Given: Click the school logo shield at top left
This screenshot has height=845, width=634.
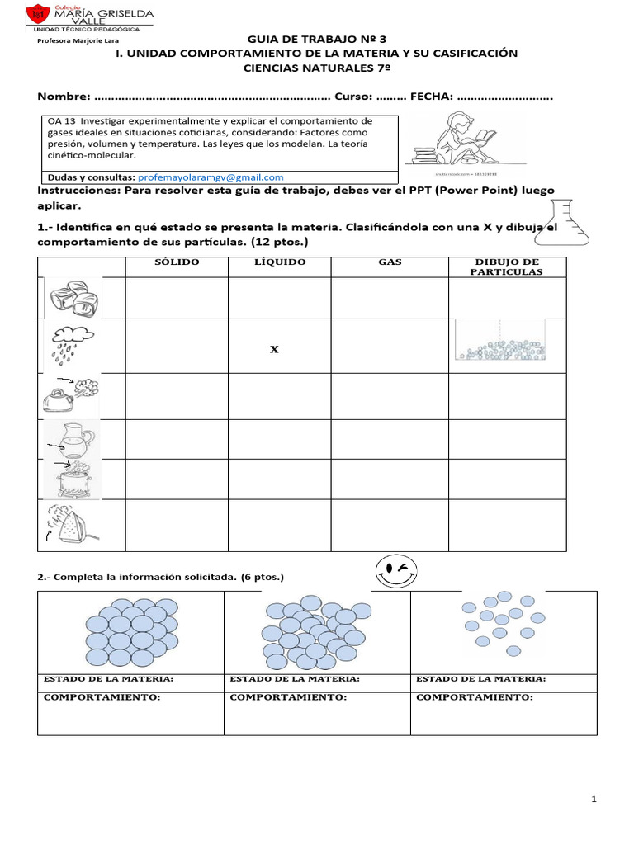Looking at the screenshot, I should click(x=36, y=14).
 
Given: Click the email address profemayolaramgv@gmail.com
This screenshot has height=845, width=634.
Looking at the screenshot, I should click(x=211, y=177).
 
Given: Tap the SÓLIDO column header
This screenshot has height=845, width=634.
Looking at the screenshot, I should click(x=177, y=262).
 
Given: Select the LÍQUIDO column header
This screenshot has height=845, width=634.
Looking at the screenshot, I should click(x=279, y=262).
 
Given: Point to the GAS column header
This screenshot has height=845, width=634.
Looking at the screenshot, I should click(x=390, y=262).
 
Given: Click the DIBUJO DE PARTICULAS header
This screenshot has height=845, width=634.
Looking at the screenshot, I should click(x=507, y=267).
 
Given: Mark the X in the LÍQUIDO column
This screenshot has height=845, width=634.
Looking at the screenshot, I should click(x=275, y=350).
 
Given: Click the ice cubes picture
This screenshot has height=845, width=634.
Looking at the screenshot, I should click(x=72, y=299).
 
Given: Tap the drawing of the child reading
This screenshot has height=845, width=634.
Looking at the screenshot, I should click(x=453, y=142).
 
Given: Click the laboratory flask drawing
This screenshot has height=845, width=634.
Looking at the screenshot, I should click(x=554, y=217).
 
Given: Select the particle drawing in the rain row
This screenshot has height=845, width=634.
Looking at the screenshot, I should click(x=499, y=341).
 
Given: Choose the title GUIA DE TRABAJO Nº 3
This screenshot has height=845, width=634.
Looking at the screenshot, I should click(x=316, y=39).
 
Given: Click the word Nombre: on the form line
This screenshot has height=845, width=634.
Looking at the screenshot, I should click(x=64, y=97).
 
